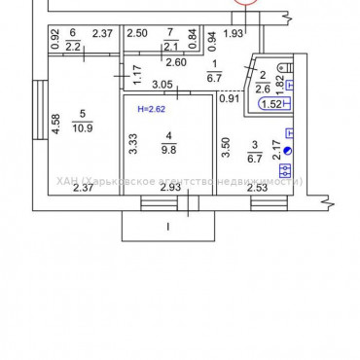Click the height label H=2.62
[151, 110]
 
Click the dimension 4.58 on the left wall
[56, 125]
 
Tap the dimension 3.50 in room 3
[227, 148]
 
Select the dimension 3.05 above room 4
[163, 85]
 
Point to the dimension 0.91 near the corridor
[229, 97]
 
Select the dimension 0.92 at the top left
[55, 40]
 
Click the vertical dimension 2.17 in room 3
[276, 150]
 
